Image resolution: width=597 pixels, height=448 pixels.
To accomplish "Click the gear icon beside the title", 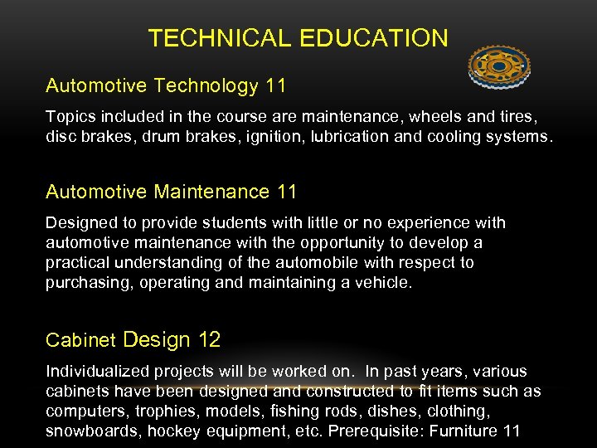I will (498, 66).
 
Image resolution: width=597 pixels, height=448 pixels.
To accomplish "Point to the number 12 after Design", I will (209, 339).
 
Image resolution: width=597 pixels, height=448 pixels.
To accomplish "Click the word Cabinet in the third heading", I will (81, 340).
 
